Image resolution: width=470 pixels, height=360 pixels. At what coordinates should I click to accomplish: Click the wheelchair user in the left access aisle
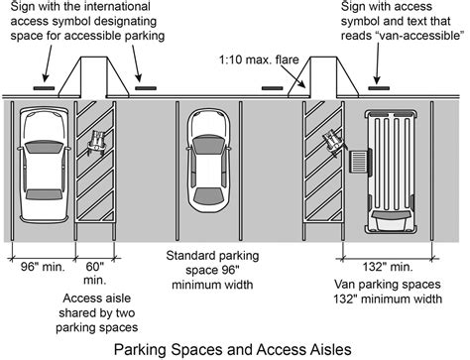pyautogui.click(x=97, y=142)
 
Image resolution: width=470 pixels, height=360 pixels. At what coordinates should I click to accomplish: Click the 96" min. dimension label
pyautogui.click(x=39, y=265)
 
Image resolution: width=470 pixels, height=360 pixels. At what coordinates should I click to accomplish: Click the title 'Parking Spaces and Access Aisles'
pyautogui.click(x=235, y=348)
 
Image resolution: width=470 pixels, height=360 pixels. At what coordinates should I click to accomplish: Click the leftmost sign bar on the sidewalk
pyautogui.click(x=44, y=88)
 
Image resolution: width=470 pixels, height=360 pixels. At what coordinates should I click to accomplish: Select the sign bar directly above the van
pyautogui.click(x=381, y=88)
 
